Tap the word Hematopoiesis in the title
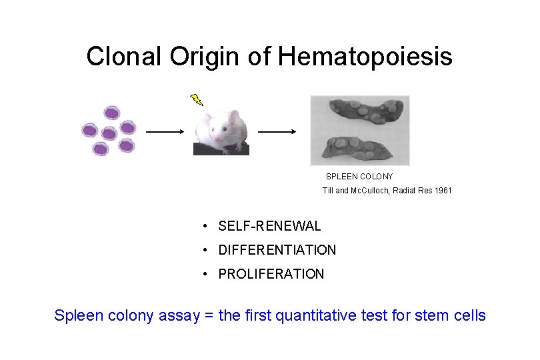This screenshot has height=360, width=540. pyautogui.click(x=365, y=57)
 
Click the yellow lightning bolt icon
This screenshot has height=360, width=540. pyautogui.click(x=196, y=99)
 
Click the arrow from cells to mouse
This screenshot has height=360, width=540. pyautogui.click(x=165, y=132)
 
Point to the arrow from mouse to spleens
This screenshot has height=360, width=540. pyautogui.click(x=277, y=132)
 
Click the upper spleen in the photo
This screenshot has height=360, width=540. pyautogui.click(x=361, y=115)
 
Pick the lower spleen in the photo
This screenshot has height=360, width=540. pyautogui.click(x=360, y=147)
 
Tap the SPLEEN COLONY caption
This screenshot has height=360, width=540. pyautogui.click(x=359, y=177)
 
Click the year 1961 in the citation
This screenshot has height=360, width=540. pyautogui.click(x=443, y=191)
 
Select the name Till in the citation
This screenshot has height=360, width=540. pyautogui.click(x=328, y=191)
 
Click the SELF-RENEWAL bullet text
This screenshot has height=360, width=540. pyautogui.click(x=269, y=227)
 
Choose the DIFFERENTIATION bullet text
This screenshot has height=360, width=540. pyautogui.click(x=277, y=250)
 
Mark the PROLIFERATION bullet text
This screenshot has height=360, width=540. pyautogui.click(x=271, y=274)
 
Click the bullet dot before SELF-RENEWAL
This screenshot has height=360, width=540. pyautogui.click(x=208, y=227)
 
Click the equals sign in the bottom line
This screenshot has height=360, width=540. pyautogui.click(x=209, y=315)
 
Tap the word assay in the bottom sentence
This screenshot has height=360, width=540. pyautogui.click(x=179, y=315)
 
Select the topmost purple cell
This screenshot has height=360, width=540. pyautogui.click(x=112, y=113)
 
